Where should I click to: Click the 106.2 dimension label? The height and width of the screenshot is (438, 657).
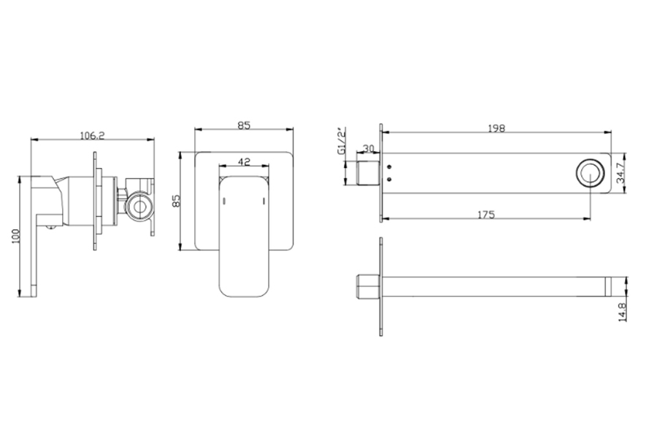click(92, 135)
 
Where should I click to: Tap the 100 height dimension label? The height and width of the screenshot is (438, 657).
click(16, 237)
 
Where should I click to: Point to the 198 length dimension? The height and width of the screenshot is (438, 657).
click(496, 128)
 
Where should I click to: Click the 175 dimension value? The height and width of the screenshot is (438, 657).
click(486, 215)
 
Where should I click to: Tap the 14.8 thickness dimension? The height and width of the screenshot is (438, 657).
click(622, 312)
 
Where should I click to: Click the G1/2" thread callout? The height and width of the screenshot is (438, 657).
click(342, 140)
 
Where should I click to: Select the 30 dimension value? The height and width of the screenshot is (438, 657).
click(368, 149)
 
